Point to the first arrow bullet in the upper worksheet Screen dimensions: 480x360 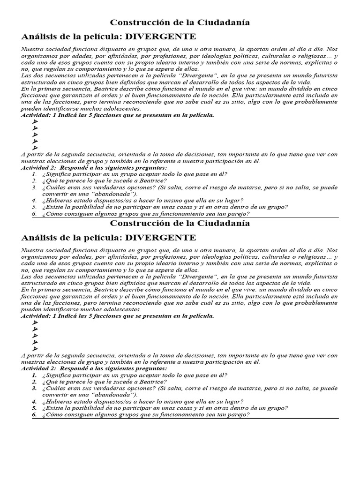[35, 122]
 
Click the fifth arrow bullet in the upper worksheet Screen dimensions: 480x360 [35, 148]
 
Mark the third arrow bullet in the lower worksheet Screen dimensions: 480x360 [35, 336]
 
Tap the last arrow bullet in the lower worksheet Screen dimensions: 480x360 [35, 349]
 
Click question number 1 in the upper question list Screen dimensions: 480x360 [34, 174]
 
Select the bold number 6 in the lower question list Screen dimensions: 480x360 [34, 414]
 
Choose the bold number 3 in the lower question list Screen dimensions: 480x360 [34, 388]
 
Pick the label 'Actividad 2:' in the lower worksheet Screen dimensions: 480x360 [38, 368]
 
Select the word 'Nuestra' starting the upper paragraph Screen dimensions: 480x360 [32, 49]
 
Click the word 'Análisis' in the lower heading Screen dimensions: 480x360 [39, 238]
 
